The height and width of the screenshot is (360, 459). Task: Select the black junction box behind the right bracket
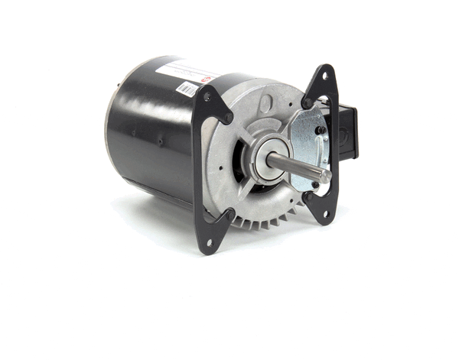pyautogui.click(x=349, y=131)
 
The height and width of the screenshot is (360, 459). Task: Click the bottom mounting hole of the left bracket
pyautogui.click(x=207, y=242)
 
